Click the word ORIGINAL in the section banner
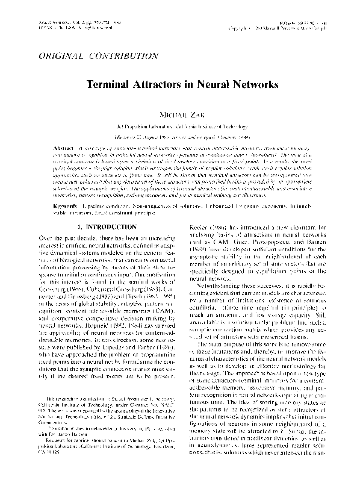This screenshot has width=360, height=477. [x=63, y=55]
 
